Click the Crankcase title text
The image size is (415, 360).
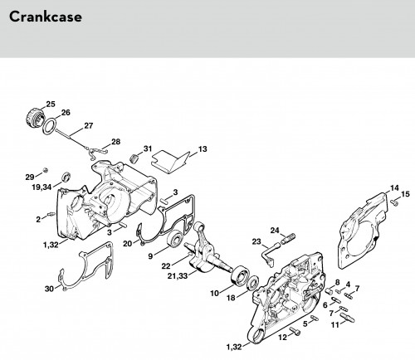46,17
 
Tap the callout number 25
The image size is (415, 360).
51,104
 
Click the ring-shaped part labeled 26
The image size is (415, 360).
50,127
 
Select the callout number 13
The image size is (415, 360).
203,149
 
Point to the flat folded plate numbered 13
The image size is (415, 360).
171,162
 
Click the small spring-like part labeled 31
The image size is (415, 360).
134,158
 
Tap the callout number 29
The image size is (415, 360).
30,177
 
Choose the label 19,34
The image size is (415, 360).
41,187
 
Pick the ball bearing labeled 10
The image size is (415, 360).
239,275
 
